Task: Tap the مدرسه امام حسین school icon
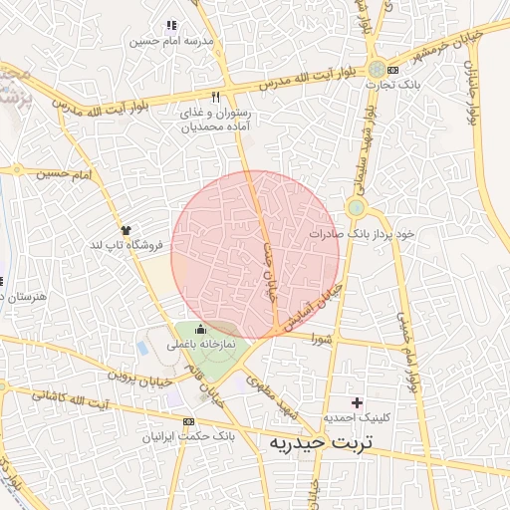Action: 170,25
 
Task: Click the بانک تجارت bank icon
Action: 393,70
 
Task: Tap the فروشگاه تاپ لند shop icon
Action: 125,229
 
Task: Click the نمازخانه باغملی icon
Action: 201,329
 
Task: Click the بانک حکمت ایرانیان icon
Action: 188,421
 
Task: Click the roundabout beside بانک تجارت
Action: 376,69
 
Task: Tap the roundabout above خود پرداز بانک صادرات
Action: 356,208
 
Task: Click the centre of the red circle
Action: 255,255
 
